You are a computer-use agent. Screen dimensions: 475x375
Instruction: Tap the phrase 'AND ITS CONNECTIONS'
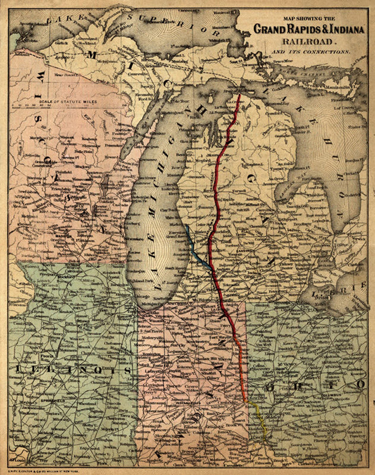point(310,52)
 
